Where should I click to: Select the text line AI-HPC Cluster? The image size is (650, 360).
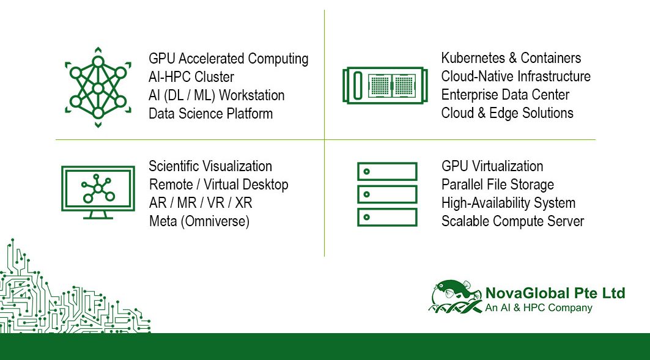[x=191, y=77]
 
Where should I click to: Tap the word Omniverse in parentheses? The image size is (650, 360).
[x=215, y=221]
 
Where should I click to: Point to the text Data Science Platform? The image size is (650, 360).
[x=210, y=114]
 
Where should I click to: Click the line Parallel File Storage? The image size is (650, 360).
[x=498, y=185]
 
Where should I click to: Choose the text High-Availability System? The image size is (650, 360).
[x=508, y=203]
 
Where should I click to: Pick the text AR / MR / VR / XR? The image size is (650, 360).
[x=201, y=203]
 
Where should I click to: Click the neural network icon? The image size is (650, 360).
[x=98, y=87]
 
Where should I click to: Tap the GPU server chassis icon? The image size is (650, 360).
[x=385, y=86]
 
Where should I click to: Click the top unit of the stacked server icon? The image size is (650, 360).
[x=387, y=172]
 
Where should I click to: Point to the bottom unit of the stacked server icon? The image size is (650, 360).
[x=387, y=217]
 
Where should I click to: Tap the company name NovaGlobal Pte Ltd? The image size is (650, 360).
[x=555, y=293]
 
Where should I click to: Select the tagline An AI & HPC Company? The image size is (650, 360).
[x=539, y=308]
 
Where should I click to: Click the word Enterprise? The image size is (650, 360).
[x=469, y=95]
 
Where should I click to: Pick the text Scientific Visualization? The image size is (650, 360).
[x=210, y=166]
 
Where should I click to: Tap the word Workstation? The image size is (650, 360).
[x=252, y=95]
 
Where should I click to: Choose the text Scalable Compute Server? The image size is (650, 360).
[x=512, y=221]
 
